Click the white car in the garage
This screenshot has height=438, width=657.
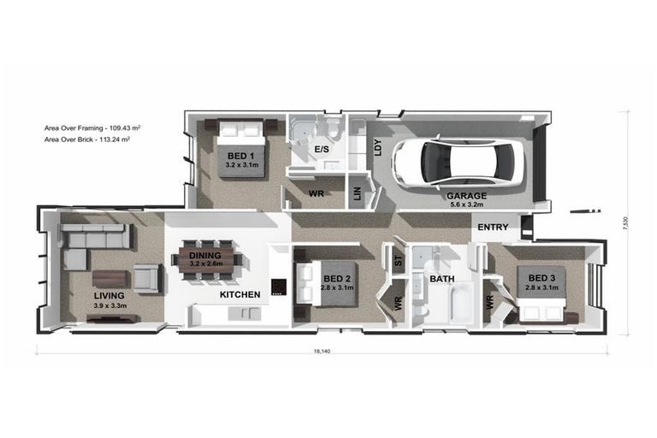pyautogui.click(x=459, y=161)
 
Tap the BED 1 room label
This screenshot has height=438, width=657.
pyautogui.click(x=241, y=157)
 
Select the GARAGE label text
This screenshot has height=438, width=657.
pyautogui.click(x=467, y=196)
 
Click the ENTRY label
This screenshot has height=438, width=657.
pyautogui.click(x=493, y=228)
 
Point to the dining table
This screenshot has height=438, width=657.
pyautogui.click(x=206, y=259)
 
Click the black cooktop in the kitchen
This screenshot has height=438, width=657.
pyautogui.click(x=279, y=287)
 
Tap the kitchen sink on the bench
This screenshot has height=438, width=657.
pyautogui.click(x=245, y=313)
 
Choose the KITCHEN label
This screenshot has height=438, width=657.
pyautogui.click(x=240, y=294)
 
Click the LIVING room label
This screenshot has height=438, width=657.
pyautogui.click(x=109, y=296)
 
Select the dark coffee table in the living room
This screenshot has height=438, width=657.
pyautogui.click(x=109, y=279)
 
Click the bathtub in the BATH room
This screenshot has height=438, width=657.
pyautogui.click(x=461, y=303)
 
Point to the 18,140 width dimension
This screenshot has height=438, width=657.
pyautogui.click(x=322, y=352)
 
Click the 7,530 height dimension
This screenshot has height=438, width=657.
pyautogui.click(x=625, y=223)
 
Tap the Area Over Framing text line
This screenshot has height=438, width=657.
pyautogui.click(x=92, y=127)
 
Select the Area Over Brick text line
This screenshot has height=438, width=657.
pyautogui.click(x=87, y=139)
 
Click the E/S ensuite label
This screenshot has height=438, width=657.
pyautogui.click(x=322, y=149)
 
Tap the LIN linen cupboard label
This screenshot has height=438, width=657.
pyautogui.click(x=358, y=193)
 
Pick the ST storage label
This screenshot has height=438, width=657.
pyautogui.click(x=399, y=261)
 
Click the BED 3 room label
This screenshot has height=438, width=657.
pyautogui.click(x=542, y=278)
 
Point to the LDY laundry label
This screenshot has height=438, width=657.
pyautogui.click(x=377, y=147)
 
